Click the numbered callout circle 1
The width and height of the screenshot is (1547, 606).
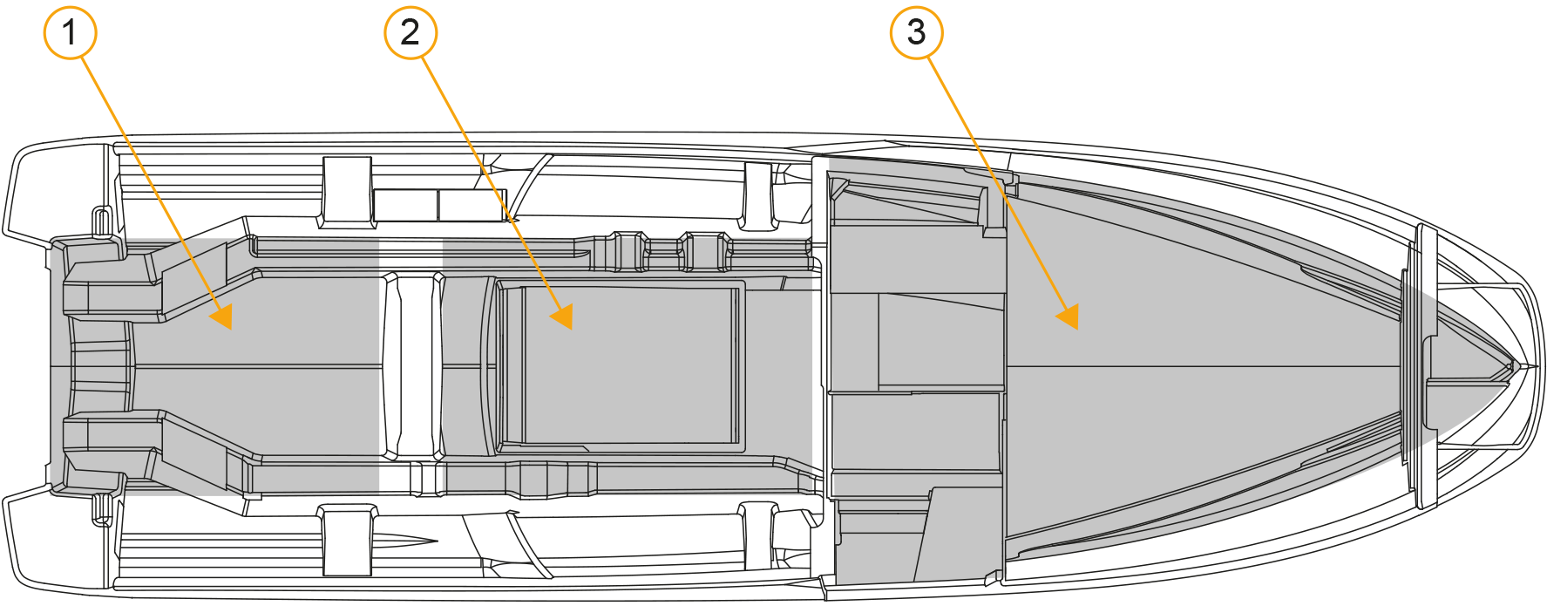click(x=70, y=33)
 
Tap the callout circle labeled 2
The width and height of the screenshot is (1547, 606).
click(x=410, y=33)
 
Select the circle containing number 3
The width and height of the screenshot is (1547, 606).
click(x=916, y=33)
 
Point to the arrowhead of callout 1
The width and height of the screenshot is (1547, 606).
click(x=222, y=316)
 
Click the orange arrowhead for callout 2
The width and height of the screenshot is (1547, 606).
click(x=562, y=316)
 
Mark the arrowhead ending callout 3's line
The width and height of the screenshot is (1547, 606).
click(x=1069, y=316)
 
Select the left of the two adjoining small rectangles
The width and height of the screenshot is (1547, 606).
click(x=405, y=205)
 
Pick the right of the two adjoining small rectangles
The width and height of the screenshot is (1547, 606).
click(x=471, y=205)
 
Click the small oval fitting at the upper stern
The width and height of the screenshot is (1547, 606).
click(x=101, y=221)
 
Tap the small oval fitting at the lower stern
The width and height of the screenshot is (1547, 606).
click(x=101, y=510)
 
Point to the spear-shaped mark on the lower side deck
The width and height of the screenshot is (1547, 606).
click(x=404, y=540)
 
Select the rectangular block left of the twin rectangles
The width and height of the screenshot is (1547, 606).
click(x=347, y=192)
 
